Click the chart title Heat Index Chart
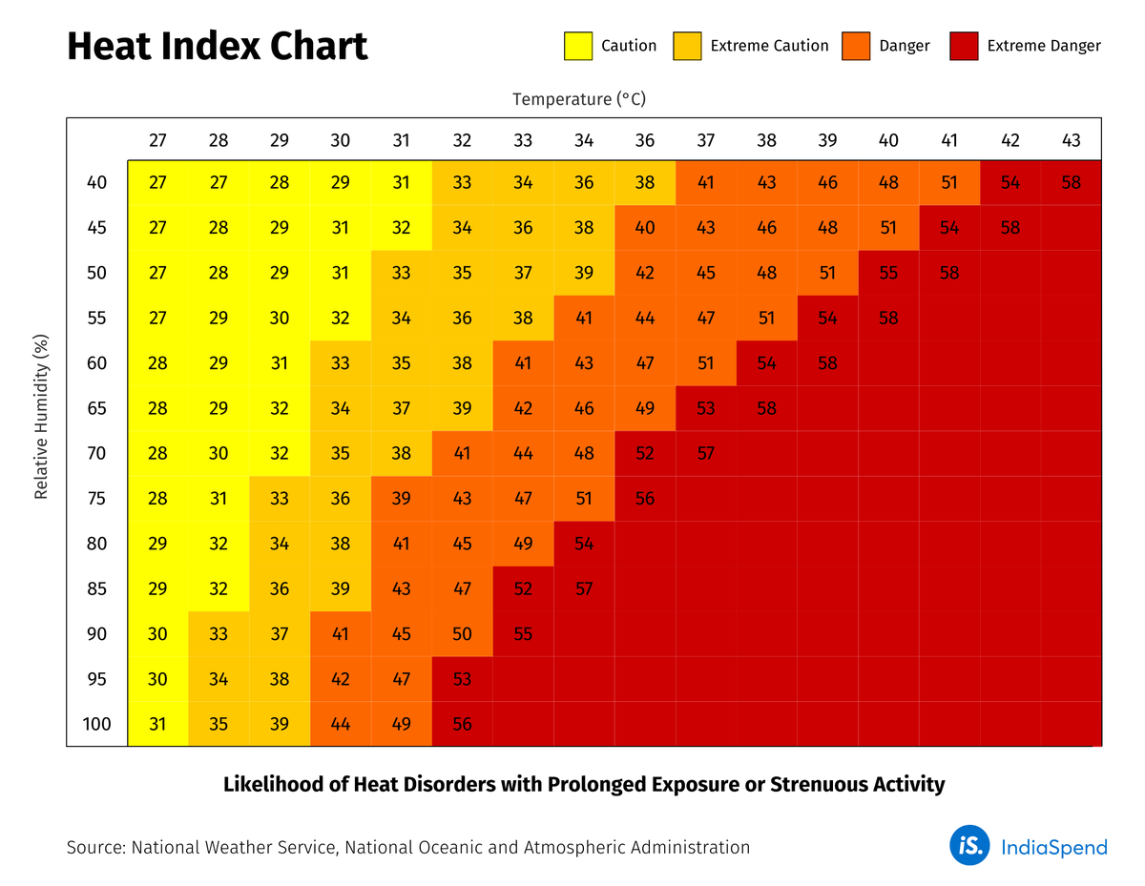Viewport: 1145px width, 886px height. [x=217, y=47]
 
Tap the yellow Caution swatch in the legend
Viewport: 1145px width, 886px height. [x=578, y=46]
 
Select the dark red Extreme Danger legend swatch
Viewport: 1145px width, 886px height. [x=964, y=46]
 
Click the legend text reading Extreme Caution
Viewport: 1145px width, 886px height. [x=769, y=46]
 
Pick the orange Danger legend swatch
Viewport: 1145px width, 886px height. [x=856, y=46]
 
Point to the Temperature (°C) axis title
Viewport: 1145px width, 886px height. [x=585, y=99]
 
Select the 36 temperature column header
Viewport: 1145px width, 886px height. [x=645, y=140]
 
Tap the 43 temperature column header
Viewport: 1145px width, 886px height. [x=1071, y=140]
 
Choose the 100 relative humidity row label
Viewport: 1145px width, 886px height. [x=96, y=725]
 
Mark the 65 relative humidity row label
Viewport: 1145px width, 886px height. [x=96, y=409]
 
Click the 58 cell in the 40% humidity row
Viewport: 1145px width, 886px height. [x=1071, y=183]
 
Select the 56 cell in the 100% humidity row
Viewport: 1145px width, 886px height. [x=462, y=725]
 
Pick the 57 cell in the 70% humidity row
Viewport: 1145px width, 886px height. [x=705, y=454]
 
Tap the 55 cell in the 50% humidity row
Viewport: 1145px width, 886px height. [x=888, y=274]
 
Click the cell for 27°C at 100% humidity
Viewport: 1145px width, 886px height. [x=157, y=725]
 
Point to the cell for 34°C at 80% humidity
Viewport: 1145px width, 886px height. [x=584, y=544]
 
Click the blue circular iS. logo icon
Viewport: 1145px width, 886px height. [x=969, y=846]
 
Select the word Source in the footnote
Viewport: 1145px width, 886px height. [x=94, y=847]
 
